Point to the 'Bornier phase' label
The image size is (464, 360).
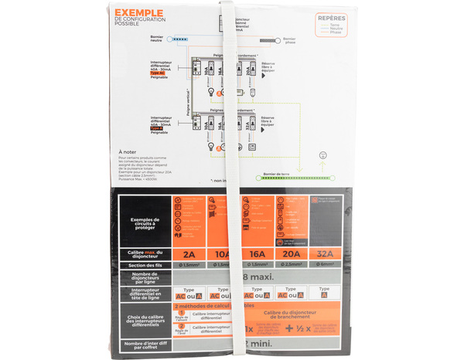click(x=289, y=40)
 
